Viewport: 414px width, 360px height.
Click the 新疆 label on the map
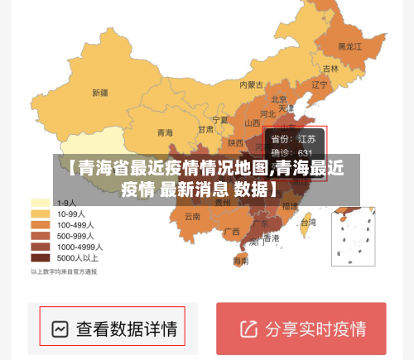[x=100, y=93]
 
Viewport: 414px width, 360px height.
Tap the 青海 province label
[x=165, y=132]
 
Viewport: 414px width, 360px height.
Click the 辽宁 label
[x=320, y=84]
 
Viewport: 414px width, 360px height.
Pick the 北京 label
[x=280, y=98]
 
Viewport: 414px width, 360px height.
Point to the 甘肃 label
[x=205, y=130]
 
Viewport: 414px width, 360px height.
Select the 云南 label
[x=192, y=217]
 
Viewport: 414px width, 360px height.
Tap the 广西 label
[x=232, y=231]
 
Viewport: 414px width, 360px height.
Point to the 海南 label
[x=240, y=261]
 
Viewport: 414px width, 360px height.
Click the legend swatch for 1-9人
[x=41, y=202]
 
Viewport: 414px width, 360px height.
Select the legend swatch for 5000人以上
[x=41, y=257]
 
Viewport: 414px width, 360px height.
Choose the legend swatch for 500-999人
[x=41, y=235]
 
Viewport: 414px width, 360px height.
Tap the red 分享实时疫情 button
[x=301, y=329]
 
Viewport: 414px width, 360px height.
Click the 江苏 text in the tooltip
[x=306, y=138]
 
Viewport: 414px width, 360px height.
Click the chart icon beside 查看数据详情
[x=60, y=329]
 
